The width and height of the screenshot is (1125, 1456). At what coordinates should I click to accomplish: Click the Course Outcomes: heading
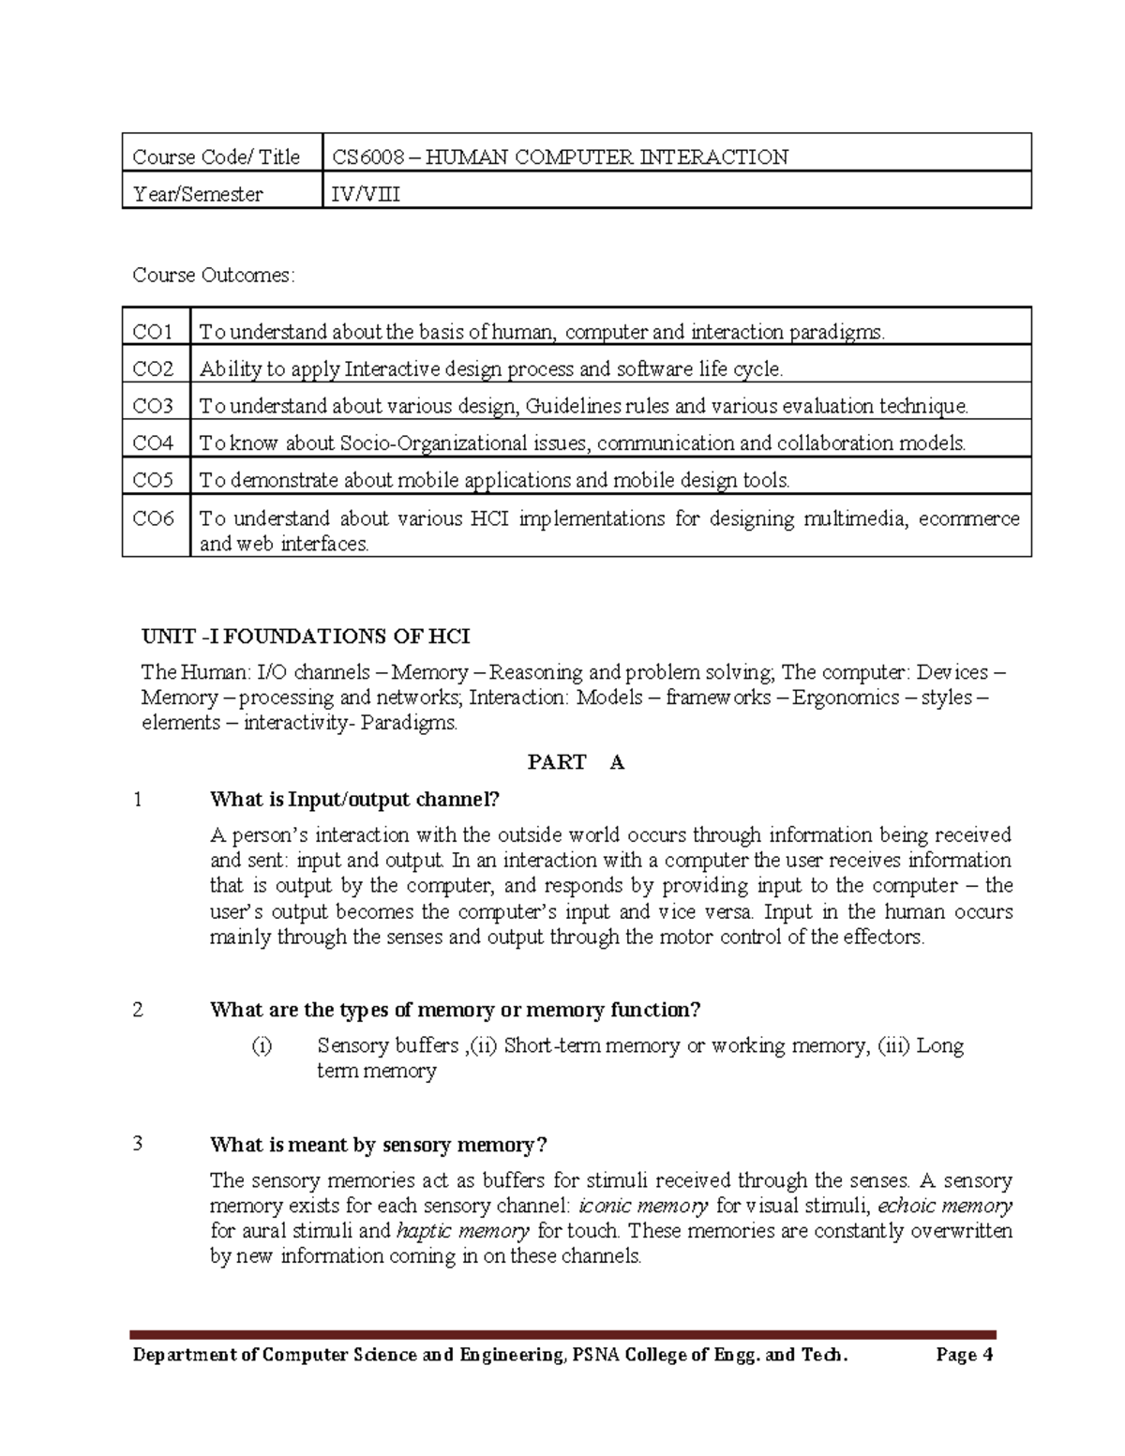214,275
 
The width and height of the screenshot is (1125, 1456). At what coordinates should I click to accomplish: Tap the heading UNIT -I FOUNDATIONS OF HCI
306,637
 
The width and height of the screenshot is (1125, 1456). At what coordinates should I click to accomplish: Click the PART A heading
576,762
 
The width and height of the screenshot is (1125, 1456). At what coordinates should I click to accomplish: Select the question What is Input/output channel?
355,800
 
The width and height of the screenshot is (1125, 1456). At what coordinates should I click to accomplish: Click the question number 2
138,1010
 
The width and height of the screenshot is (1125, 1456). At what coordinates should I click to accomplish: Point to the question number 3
138,1144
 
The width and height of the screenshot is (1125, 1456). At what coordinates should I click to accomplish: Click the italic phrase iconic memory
643,1206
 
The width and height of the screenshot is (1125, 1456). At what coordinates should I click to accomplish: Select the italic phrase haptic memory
463,1231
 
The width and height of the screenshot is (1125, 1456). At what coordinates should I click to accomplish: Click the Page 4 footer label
964,1355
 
